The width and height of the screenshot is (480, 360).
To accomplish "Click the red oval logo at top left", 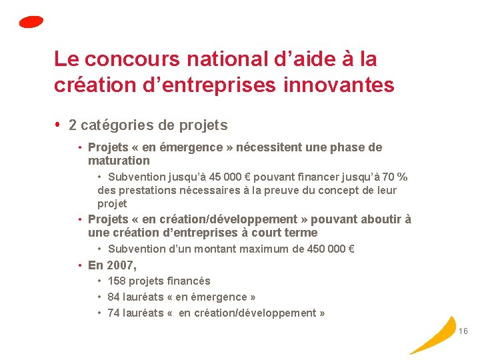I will click(31, 22).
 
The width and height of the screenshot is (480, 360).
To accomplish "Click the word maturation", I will click(119, 161).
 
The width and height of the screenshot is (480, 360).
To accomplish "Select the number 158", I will click(116, 281).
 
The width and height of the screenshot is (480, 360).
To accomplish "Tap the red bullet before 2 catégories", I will click(59, 125).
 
